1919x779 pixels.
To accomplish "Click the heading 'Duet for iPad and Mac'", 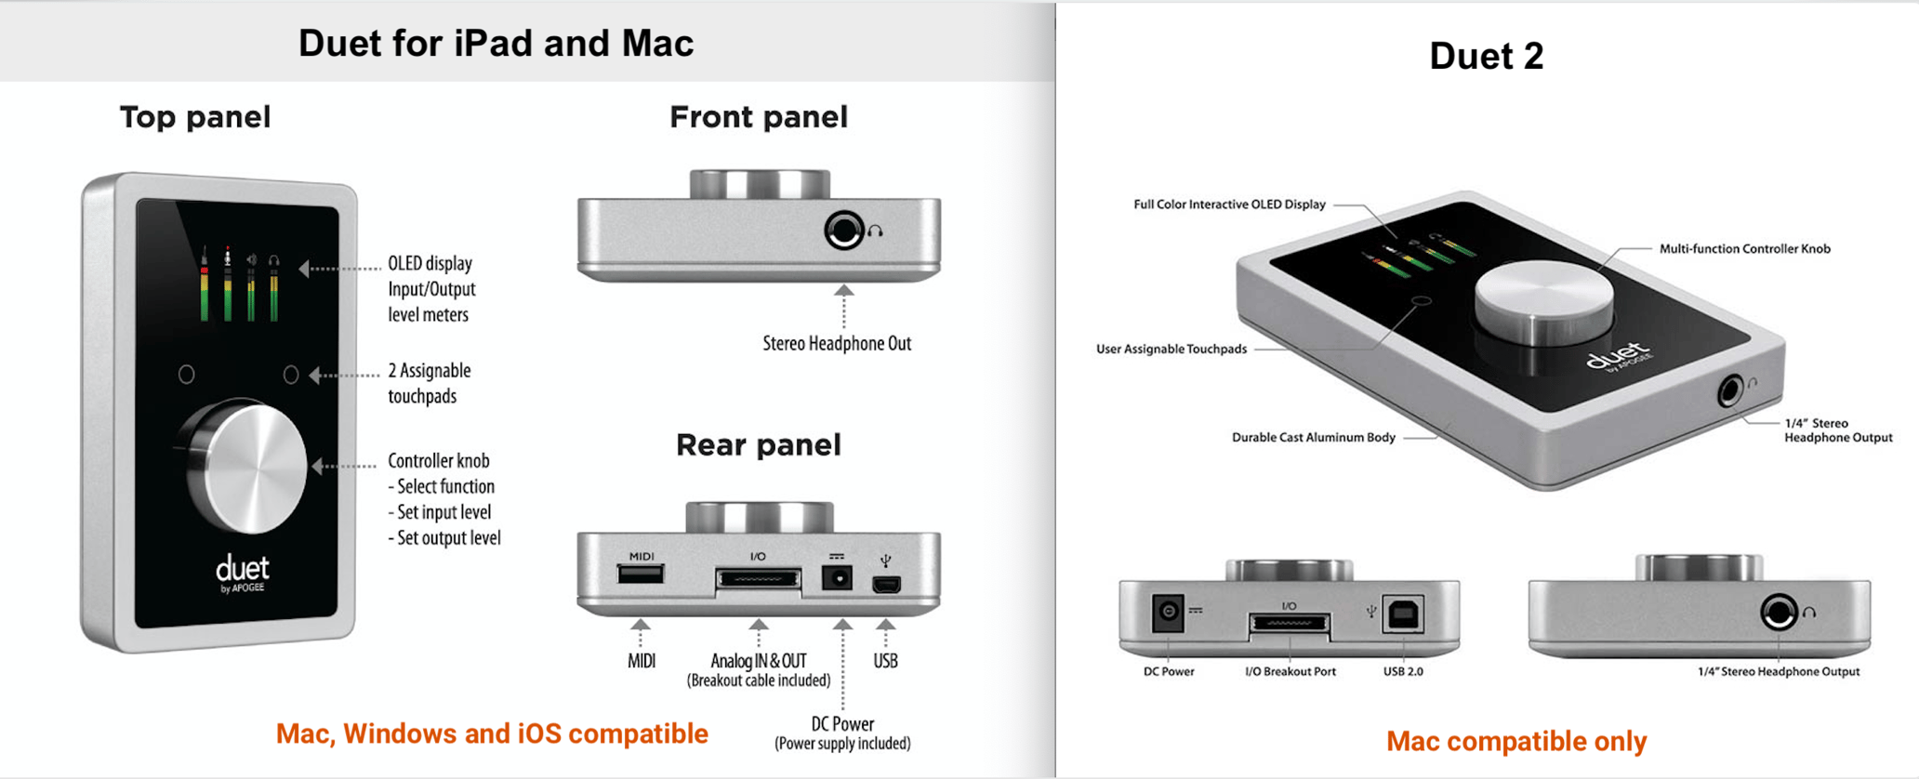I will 496,44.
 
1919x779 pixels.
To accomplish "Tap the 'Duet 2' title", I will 1486,57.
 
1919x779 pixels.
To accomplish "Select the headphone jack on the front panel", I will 844,230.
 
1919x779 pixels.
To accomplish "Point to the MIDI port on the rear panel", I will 641,574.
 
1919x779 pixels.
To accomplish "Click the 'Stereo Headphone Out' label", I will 837,344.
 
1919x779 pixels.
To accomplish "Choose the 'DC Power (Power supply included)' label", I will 842,733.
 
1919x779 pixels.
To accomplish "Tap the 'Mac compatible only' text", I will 1516,741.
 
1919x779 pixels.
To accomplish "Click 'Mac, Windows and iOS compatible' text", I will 492,733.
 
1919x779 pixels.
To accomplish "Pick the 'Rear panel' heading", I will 758,445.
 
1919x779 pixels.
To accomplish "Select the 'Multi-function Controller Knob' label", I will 1744,249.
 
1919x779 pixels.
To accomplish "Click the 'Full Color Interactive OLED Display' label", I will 1229,205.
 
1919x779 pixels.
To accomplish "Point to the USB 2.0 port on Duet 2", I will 1403,614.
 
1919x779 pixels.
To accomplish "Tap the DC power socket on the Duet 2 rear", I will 1168,612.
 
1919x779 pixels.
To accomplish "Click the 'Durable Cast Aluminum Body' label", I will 1313,438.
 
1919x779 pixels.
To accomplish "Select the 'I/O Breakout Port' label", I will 1290,671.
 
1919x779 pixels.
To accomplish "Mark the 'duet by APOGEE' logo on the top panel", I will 243,572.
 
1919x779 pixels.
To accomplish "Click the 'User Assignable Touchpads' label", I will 1171,350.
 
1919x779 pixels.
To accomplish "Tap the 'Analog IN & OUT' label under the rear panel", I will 758,661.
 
